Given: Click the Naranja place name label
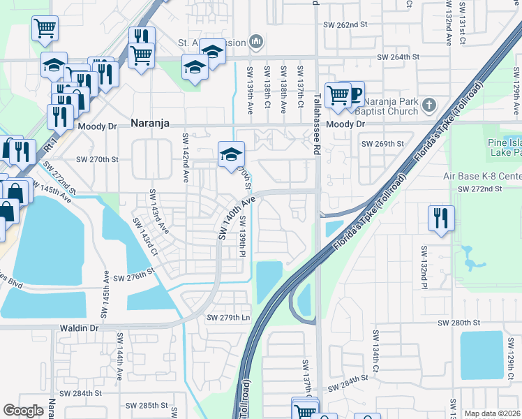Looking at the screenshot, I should (151, 124).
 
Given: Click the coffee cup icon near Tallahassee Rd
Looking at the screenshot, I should (355, 93).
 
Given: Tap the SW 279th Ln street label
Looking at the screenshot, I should (228, 318).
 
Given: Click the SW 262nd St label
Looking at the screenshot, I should (345, 24).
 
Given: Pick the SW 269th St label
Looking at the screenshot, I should (382, 144).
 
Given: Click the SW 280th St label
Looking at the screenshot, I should (459, 323).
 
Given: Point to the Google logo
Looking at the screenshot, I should (23, 411).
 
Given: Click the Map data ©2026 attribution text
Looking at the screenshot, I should (492, 413).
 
